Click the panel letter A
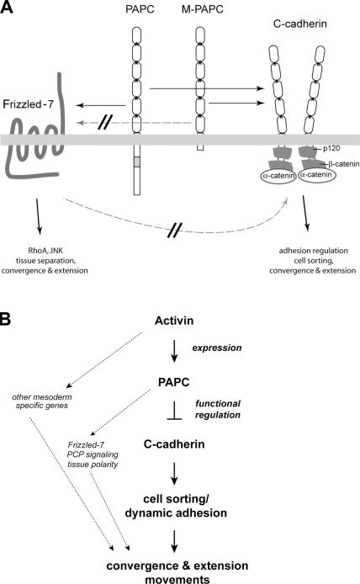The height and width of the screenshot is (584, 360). (7, 7)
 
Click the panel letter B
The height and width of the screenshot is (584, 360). (6, 320)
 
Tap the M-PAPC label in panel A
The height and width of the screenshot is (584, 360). (202, 9)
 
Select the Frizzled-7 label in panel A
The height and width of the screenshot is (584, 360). (28, 104)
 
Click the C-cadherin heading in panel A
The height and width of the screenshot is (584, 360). (300, 24)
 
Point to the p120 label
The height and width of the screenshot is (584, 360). (331, 149)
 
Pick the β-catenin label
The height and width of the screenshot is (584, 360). (344, 164)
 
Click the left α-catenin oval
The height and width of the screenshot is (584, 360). (279, 176)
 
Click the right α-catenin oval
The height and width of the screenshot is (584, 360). (317, 175)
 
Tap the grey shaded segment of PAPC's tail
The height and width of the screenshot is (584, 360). (137, 162)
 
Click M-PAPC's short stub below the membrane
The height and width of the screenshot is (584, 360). (200, 147)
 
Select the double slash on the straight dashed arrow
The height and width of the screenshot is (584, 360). (104, 122)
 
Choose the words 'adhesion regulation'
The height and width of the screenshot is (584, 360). (314, 251)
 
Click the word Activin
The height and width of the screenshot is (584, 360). (174, 321)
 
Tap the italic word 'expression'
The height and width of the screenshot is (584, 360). (217, 348)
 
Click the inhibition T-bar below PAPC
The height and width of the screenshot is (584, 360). (174, 411)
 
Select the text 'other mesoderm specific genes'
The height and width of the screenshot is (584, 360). (42, 401)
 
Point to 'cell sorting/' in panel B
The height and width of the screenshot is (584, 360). (176, 499)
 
